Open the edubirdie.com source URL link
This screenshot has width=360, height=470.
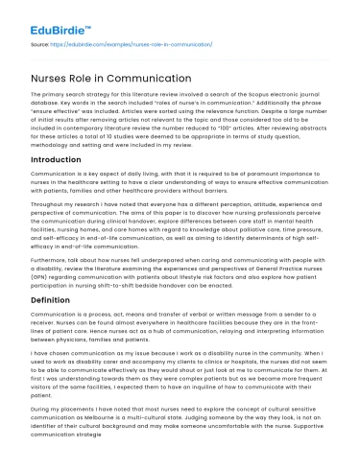tap(134, 44)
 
